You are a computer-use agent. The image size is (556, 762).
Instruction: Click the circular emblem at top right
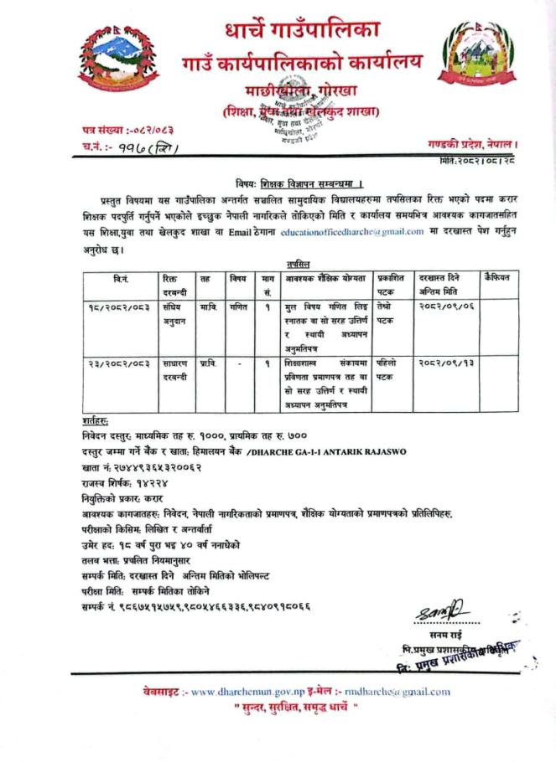pos(471,58)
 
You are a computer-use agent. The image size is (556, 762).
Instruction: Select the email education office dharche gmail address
pos(351,233)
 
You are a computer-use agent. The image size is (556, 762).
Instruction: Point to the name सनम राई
pos(460,636)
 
